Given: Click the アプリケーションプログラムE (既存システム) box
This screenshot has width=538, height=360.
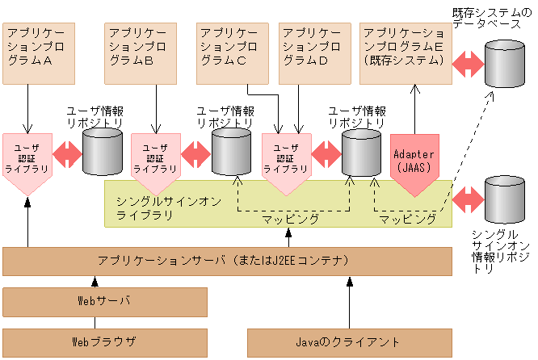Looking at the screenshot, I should (405, 52).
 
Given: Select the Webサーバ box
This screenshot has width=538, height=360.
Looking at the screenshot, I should (104, 301).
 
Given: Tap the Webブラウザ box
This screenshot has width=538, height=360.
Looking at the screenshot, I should (104, 339).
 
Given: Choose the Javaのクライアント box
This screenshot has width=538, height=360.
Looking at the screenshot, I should (348, 339).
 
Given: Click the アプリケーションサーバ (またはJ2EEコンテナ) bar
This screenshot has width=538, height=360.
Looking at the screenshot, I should (227, 261).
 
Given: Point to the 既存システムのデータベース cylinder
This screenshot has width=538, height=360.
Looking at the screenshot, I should (503, 63).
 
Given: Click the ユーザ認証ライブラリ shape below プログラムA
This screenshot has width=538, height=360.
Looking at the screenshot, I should (27, 158).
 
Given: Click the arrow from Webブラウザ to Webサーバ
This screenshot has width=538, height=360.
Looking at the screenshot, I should (94, 321).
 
